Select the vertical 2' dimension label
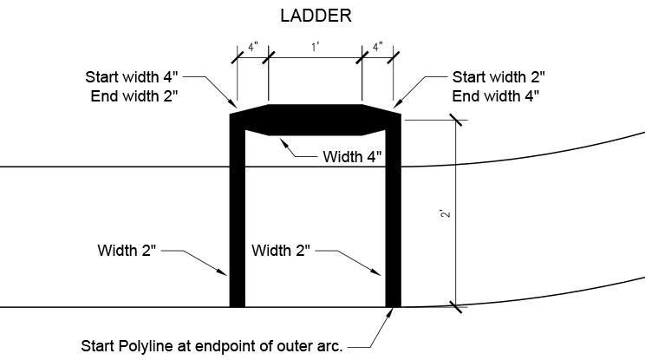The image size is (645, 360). (445, 212)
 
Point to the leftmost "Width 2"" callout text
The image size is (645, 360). (127, 251)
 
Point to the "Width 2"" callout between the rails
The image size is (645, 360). (281, 251)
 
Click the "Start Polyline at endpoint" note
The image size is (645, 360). (212, 345)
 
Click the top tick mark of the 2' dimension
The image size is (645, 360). (454, 120)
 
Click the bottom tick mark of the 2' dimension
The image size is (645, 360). (454, 306)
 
